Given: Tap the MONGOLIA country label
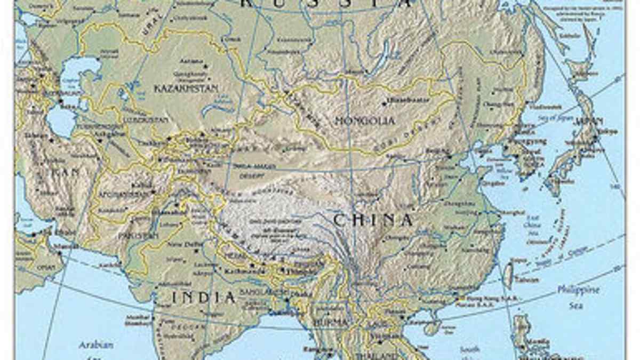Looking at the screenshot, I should (365, 121).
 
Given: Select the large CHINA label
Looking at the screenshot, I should (373, 220).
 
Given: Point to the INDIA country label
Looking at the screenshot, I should (203, 297).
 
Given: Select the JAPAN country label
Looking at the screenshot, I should (589, 121).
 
